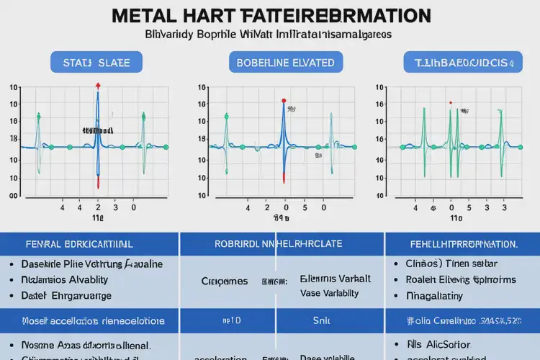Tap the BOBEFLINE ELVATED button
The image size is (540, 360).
click(286, 63)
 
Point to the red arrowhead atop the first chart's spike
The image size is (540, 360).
click(98, 85)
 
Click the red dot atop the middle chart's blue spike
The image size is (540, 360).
click(284, 102)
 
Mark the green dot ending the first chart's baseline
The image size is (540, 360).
click(166, 147)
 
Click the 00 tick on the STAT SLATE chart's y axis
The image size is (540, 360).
click(13, 195)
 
